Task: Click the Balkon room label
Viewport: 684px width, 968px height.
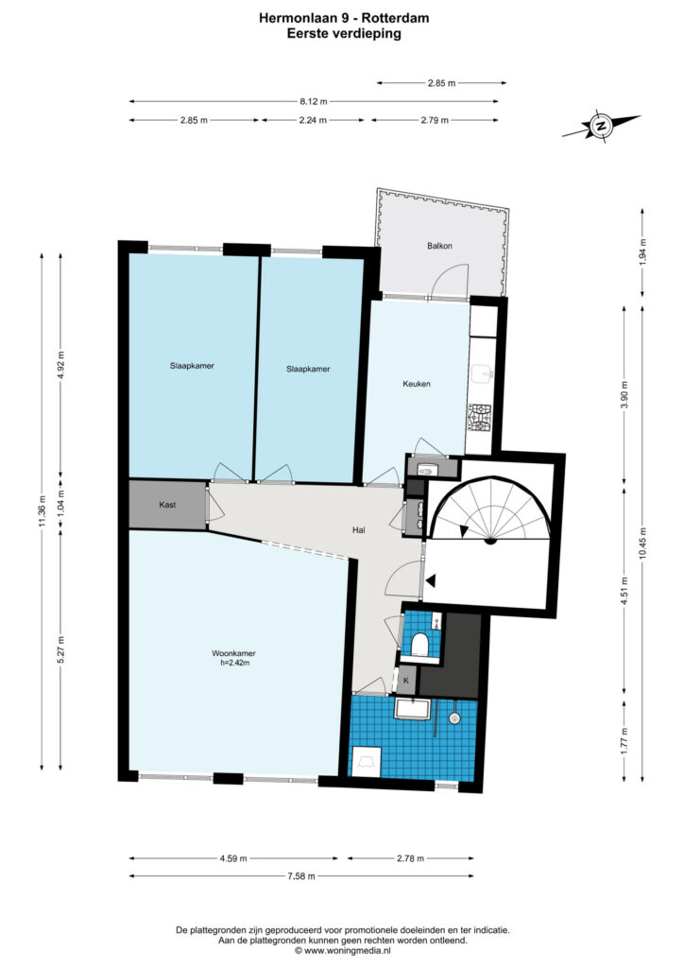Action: point(439,246)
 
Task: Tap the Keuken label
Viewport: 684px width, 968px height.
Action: point(417,384)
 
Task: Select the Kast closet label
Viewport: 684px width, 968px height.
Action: point(167,505)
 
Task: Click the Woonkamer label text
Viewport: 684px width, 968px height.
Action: point(233,653)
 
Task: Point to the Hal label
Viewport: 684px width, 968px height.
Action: point(358,529)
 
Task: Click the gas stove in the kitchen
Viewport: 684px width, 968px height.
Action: point(479,417)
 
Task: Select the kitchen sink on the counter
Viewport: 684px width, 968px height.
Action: point(482,374)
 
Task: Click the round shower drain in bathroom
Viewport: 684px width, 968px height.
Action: point(454,718)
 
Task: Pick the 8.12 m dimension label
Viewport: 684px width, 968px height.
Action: point(314,101)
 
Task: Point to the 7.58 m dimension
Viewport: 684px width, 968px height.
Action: point(301,875)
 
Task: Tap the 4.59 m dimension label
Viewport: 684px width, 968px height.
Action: point(233,858)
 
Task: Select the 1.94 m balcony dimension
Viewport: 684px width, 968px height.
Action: point(642,251)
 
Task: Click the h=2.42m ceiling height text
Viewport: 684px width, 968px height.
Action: point(233,663)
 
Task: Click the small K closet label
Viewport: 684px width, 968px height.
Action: point(406,681)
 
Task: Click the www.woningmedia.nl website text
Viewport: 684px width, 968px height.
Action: point(348,951)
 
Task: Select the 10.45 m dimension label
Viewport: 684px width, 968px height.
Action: point(642,544)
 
